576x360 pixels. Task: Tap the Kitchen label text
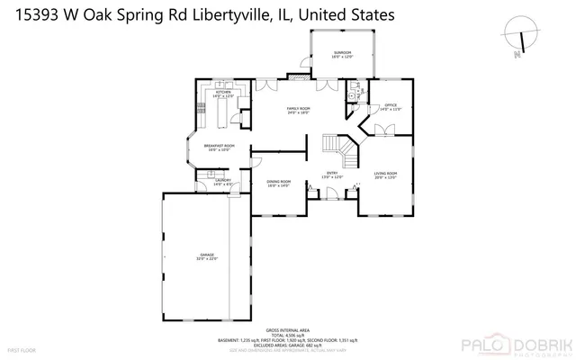point(223,93)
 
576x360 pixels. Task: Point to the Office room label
point(391,106)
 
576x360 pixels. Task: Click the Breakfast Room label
point(219,146)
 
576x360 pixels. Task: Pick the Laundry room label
point(223,180)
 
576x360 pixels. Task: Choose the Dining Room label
point(278,183)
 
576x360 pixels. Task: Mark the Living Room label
point(386,174)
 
